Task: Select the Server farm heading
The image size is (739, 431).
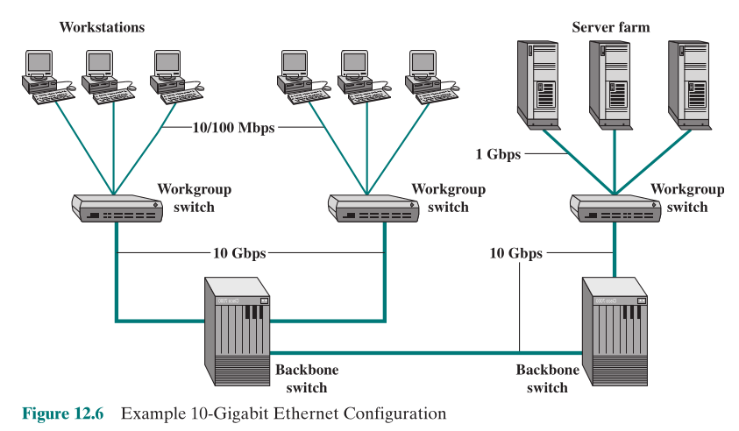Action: click(x=610, y=27)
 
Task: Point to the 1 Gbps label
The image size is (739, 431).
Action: click(x=499, y=154)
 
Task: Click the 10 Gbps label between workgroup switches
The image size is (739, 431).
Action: click(x=237, y=253)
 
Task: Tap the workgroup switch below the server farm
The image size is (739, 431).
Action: click(x=615, y=207)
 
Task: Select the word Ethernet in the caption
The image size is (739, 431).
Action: click(x=293, y=413)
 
